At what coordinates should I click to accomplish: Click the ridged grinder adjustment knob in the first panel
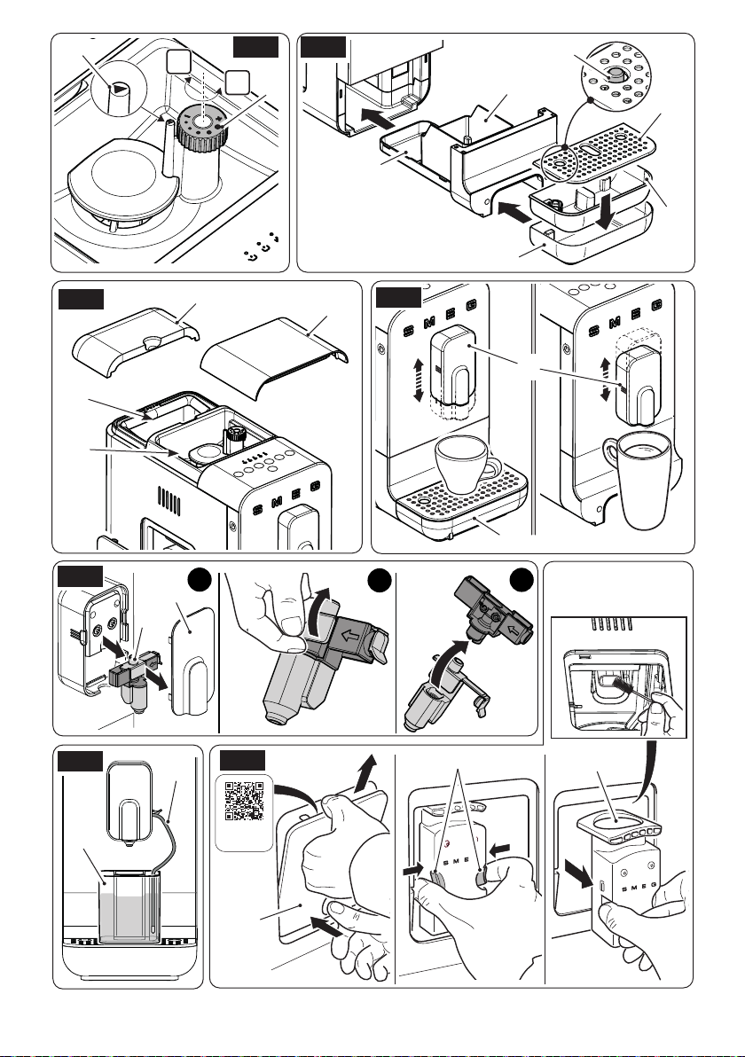pyautogui.click(x=200, y=129)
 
